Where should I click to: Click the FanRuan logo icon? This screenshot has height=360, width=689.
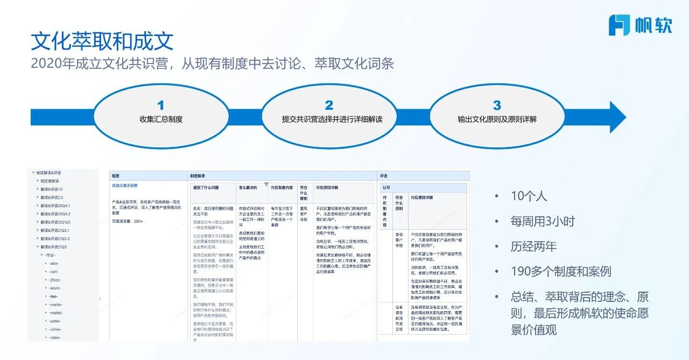(x=619, y=25)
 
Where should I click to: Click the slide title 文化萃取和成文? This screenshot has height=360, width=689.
(x=102, y=41)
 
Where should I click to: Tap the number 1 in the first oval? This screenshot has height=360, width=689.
(x=160, y=105)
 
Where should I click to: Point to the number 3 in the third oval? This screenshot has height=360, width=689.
(x=496, y=105)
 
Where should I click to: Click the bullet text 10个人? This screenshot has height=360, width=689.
(x=529, y=196)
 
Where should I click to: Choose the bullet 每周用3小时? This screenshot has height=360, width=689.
(x=543, y=221)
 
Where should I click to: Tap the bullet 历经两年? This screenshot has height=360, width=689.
(x=533, y=246)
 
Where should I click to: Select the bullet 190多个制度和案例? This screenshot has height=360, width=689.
(x=561, y=271)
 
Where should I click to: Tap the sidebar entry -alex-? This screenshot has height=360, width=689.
(x=54, y=263)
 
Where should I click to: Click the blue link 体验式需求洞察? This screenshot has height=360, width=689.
(x=125, y=186)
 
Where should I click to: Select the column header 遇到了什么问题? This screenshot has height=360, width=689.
(x=206, y=188)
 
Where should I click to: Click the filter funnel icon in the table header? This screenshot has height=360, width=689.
(x=266, y=185)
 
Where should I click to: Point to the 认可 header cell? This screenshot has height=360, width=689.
(x=386, y=188)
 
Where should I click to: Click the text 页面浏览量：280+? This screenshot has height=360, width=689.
(x=128, y=221)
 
